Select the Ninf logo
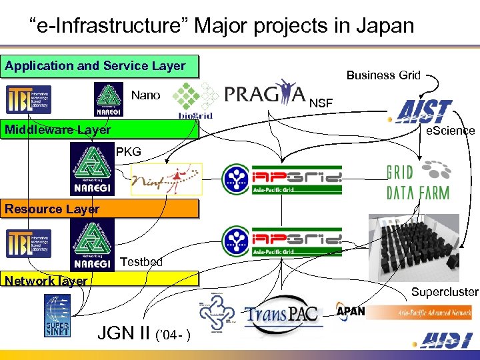(x=166, y=179)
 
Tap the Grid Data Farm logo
(x=418, y=180)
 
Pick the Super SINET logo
(x=57, y=315)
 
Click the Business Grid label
(x=383, y=75)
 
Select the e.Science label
(x=451, y=131)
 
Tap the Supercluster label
(x=445, y=291)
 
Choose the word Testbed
(x=141, y=261)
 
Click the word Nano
(x=145, y=95)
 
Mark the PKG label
(x=129, y=151)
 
